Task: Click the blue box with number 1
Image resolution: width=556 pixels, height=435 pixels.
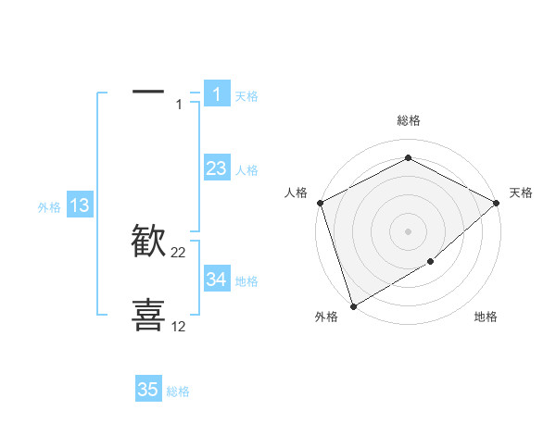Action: pyautogui.click(x=216, y=93)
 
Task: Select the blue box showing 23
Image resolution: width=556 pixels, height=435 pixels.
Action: pyautogui.click(x=216, y=168)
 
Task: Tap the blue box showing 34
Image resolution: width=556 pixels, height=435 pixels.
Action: pyautogui.click(x=216, y=280)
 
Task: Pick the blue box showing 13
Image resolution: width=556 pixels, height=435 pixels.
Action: pyautogui.click(x=79, y=205)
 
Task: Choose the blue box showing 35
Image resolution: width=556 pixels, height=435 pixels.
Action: pyautogui.click(x=148, y=390)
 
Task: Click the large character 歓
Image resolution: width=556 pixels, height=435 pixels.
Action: pyautogui.click(x=149, y=242)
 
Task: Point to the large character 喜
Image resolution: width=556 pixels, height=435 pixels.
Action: pyautogui.click(x=149, y=314)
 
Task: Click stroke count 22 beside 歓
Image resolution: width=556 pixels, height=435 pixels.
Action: pyautogui.click(x=179, y=253)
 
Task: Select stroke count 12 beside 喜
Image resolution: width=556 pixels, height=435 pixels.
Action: pyautogui.click(x=179, y=326)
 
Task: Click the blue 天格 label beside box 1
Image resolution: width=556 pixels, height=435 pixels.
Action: pyautogui.click(x=246, y=95)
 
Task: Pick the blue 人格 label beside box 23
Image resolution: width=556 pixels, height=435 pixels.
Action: pyautogui.click(x=246, y=170)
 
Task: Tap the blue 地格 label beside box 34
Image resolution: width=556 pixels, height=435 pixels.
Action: pyautogui.click(x=246, y=281)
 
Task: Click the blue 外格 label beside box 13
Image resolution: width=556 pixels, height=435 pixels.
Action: pyautogui.click(x=49, y=207)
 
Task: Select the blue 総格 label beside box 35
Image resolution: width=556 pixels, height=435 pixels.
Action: pyautogui.click(x=178, y=391)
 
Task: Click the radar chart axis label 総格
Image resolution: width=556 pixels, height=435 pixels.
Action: pyautogui.click(x=409, y=120)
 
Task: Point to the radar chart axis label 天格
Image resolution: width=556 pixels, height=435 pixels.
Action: pyautogui.click(x=521, y=193)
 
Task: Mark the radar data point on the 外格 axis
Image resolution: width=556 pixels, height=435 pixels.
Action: pyautogui.click(x=353, y=305)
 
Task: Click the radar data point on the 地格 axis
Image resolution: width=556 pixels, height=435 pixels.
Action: pyautogui.click(x=431, y=262)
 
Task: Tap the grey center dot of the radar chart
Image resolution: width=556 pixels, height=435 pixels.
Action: pyautogui.click(x=409, y=230)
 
